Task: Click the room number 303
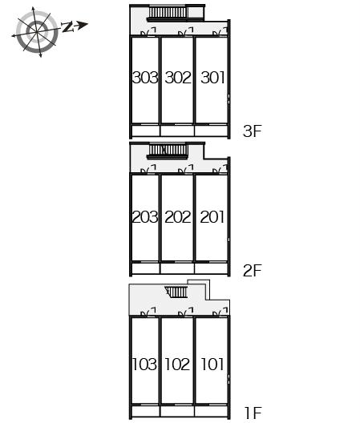[x=145, y=78]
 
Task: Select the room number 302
[x=178, y=78]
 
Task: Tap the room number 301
[x=212, y=78]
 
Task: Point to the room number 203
[x=145, y=217]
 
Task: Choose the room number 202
[x=178, y=217]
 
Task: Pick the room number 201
[x=212, y=217]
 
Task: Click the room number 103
[x=144, y=365]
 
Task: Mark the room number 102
[x=177, y=365]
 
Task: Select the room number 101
[x=212, y=365]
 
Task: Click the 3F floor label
[x=253, y=131]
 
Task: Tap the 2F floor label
[x=253, y=271]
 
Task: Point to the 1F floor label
[x=253, y=413]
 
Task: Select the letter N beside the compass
[x=67, y=27]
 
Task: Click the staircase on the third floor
[x=168, y=14]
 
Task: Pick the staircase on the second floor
[x=168, y=151]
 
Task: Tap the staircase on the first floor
[x=176, y=292]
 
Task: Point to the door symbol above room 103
[x=148, y=312]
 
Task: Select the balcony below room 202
[x=177, y=268]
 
